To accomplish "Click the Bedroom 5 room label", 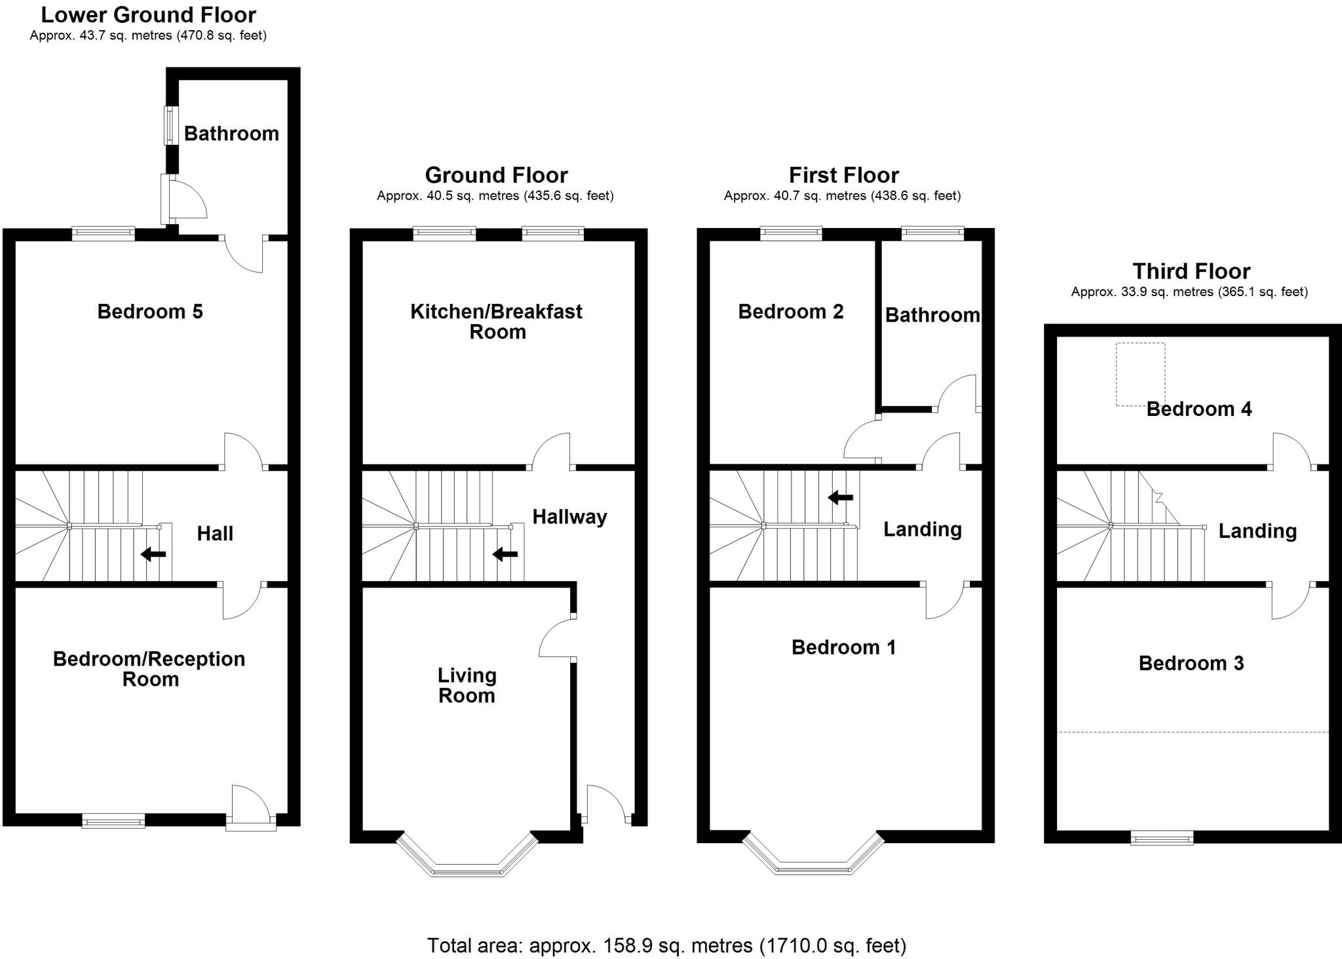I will [x=150, y=312].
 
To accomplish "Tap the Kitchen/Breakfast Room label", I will [x=496, y=321].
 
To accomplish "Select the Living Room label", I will [x=467, y=685].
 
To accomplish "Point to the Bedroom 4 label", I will [x=1198, y=409].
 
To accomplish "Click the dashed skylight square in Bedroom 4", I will [x=1140, y=374].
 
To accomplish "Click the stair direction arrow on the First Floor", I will [x=840, y=498].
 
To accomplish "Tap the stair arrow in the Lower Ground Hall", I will [x=153, y=554].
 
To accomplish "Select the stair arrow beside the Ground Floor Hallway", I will [x=505, y=554].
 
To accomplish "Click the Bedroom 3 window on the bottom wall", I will [x=1162, y=837].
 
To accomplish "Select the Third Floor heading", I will [x=1191, y=271].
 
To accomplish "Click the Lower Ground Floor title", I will [x=149, y=14].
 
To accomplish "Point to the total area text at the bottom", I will [x=666, y=945].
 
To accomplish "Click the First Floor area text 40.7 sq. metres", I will [x=842, y=196].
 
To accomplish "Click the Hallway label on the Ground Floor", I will [x=569, y=517].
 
